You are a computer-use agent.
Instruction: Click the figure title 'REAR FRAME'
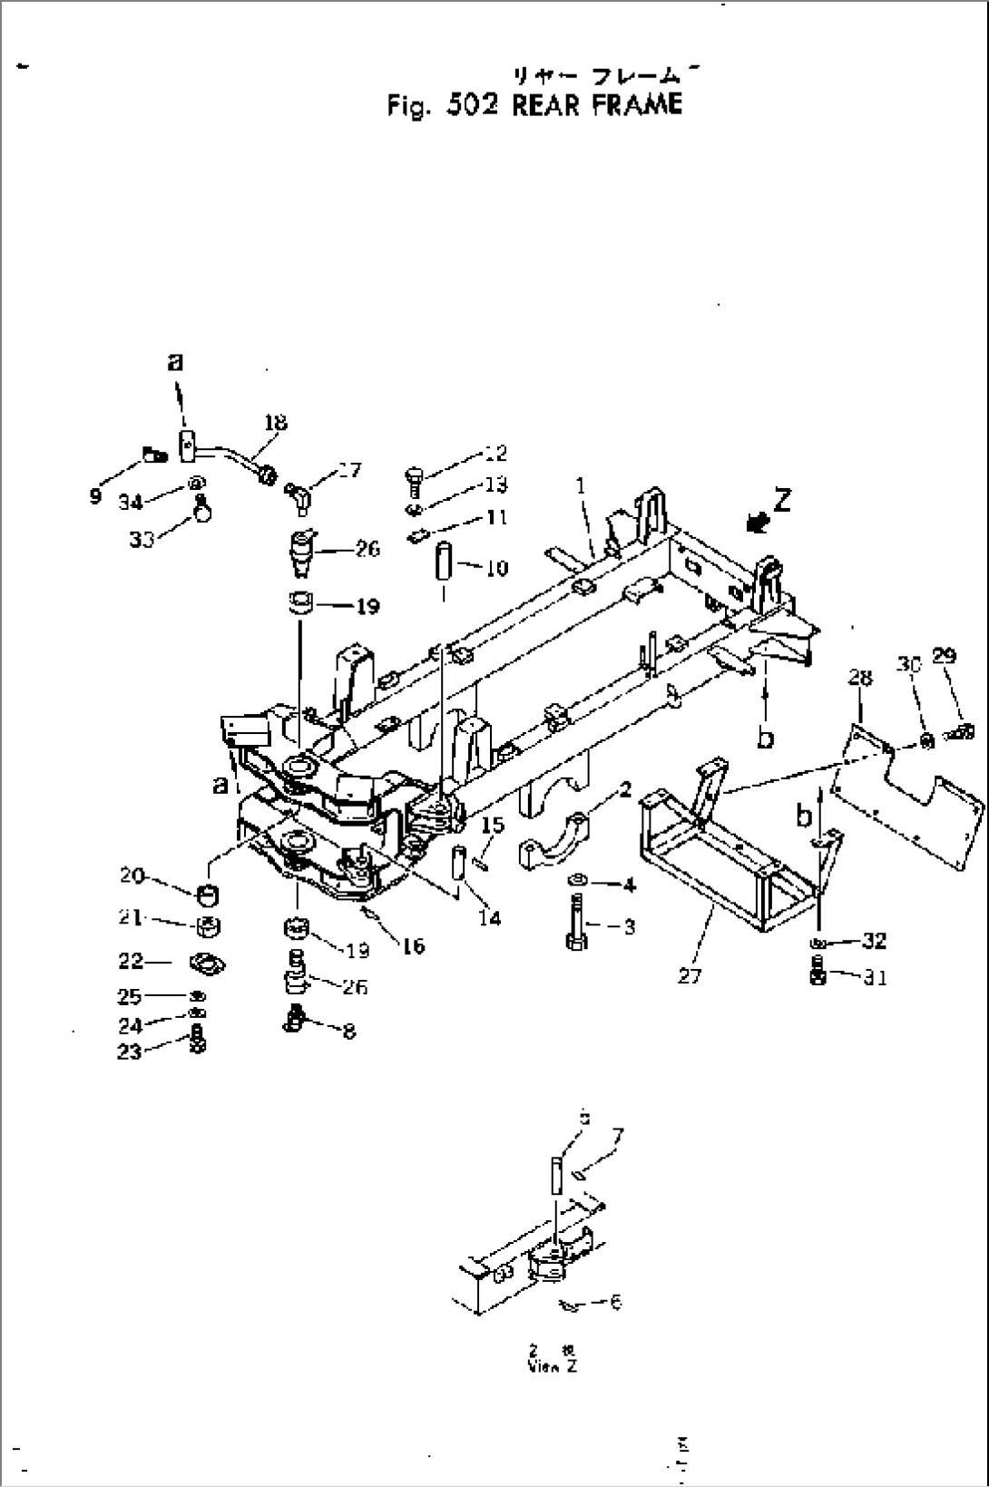596,105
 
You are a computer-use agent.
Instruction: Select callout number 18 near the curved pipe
275,423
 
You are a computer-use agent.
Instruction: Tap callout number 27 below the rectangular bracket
690,976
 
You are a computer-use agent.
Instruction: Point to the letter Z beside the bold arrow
781,500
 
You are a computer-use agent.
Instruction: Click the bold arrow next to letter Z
756,522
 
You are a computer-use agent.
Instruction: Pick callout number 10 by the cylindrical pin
496,569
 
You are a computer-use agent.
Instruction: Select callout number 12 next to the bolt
495,453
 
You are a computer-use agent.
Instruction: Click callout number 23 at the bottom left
130,1052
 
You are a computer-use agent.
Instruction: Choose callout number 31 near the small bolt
875,977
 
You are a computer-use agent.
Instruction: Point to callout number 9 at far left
95,496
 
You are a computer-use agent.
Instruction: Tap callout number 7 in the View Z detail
618,1136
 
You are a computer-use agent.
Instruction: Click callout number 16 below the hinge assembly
413,946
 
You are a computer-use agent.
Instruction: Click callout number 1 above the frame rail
582,487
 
